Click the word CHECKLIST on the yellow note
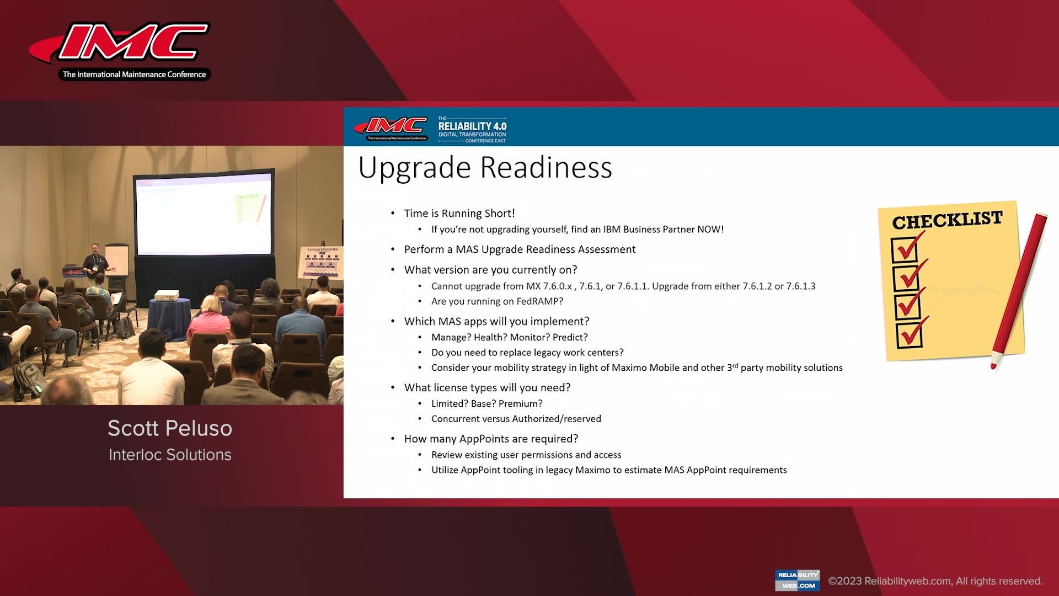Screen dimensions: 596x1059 [x=947, y=220]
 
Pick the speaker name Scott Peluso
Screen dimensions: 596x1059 [x=170, y=428]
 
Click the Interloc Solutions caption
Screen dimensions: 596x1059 [x=170, y=455]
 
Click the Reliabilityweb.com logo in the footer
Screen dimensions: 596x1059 [x=797, y=580]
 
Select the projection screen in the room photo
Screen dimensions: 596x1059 [x=204, y=215]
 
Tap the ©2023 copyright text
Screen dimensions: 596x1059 [x=935, y=581]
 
